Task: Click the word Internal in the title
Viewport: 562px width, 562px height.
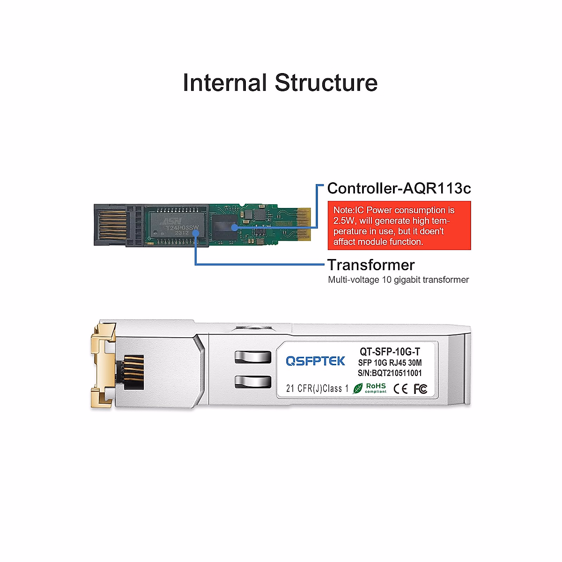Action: [224, 83]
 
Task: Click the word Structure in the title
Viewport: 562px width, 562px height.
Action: [326, 83]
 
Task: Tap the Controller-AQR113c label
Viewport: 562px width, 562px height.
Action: [399, 188]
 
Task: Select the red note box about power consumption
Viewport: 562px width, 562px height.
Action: [399, 226]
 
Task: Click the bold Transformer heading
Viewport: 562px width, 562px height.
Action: [371, 265]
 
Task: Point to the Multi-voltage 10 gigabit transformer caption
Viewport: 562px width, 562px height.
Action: [398, 280]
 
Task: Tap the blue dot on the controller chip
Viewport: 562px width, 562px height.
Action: [234, 227]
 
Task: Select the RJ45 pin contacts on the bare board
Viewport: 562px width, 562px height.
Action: [112, 225]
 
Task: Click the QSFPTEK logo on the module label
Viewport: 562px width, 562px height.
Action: [315, 361]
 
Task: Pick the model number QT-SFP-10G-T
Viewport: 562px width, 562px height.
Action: [390, 352]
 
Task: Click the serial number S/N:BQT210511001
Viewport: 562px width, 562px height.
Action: [390, 373]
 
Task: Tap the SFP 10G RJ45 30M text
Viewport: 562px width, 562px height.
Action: [390, 362]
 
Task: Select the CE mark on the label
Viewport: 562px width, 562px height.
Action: [400, 389]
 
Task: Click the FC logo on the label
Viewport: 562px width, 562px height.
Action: [420, 389]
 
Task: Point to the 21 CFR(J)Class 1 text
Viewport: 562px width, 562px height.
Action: [317, 389]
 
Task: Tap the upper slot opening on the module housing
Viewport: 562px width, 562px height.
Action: [253, 357]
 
